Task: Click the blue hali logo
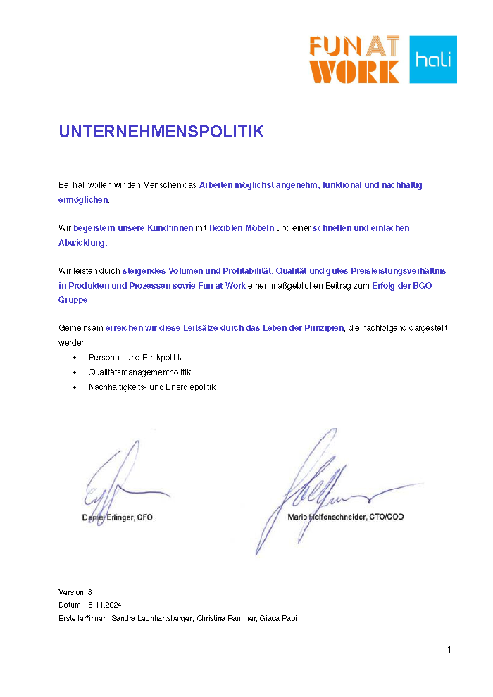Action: [x=433, y=59]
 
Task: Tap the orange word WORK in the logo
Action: [x=354, y=71]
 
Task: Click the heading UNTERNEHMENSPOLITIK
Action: [x=161, y=132]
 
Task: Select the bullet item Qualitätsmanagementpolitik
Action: [x=139, y=372]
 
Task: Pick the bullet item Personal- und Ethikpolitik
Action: [x=135, y=358]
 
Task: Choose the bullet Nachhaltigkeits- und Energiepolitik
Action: [x=151, y=387]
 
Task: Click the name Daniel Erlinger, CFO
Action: [x=113, y=517]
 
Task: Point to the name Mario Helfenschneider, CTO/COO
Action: [x=346, y=517]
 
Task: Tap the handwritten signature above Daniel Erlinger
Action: [x=116, y=479]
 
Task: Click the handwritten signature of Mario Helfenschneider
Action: [x=317, y=486]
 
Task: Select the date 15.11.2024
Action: [x=104, y=605]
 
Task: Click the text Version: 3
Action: [x=75, y=592]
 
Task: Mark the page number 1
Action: [x=449, y=649]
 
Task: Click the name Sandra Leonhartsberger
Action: [x=148, y=618]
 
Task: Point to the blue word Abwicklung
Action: [x=82, y=242]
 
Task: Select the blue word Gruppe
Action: [x=73, y=299]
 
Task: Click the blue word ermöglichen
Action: [x=83, y=199]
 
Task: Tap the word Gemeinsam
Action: [x=80, y=328]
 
